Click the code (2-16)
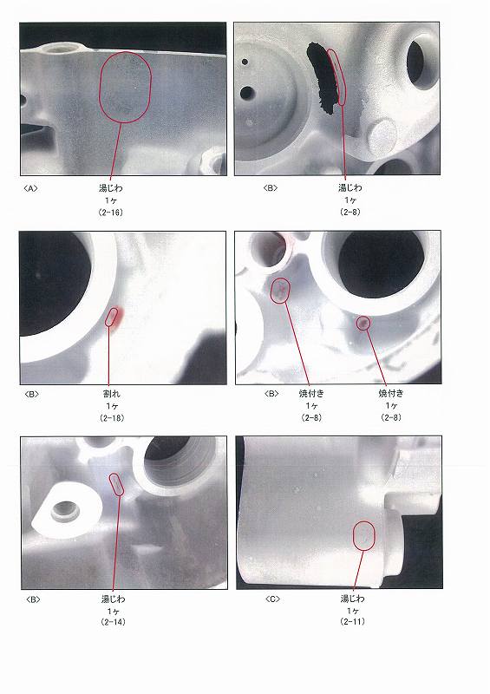(x=111, y=213)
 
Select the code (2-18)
(x=112, y=418)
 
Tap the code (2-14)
(x=114, y=622)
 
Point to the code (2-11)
(x=353, y=621)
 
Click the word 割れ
(x=112, y=394)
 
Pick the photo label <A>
(x=30, y=188)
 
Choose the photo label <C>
(x=272, y=599)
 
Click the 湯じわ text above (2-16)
(x=111, y=188)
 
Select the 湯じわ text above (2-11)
(x=353, y=599)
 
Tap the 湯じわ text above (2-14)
(x=114, y=599)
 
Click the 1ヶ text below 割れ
(x=112, y=406)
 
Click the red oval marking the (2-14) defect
(x=117, y=485)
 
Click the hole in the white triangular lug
(x=66, y=510)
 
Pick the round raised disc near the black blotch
(x=382, y=134)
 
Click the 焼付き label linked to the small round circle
(x=391, y=393)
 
